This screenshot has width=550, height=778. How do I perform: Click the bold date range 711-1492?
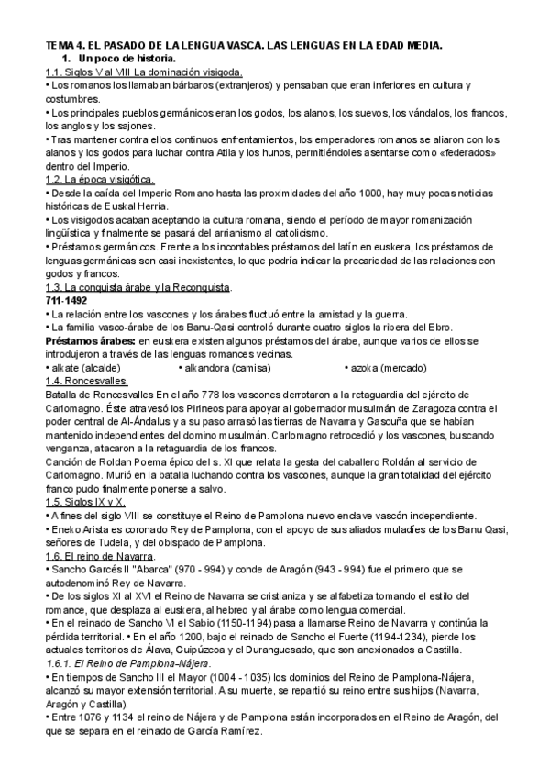coord(68,301)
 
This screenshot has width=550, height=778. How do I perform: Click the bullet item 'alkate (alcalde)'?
coord(82,368)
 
